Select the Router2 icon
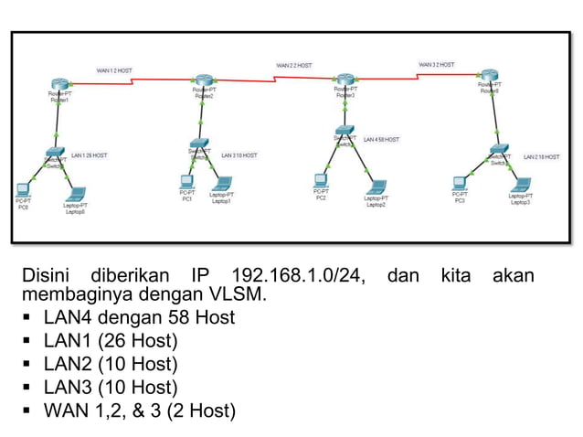click(203, 80)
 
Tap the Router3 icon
click(344, 80)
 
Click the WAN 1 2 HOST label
click(114, 69)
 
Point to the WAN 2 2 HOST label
click(293, 66)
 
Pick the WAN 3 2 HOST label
click(436, 65)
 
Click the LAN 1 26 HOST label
click(89, 155)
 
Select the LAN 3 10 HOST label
click(238, 155)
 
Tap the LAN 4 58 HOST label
click(381, 140)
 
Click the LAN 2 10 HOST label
click(541, 157)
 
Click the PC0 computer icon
click(23, 190)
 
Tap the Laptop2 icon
click(376, 187)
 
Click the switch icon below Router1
click(55, 152)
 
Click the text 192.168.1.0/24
click(297, 275)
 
